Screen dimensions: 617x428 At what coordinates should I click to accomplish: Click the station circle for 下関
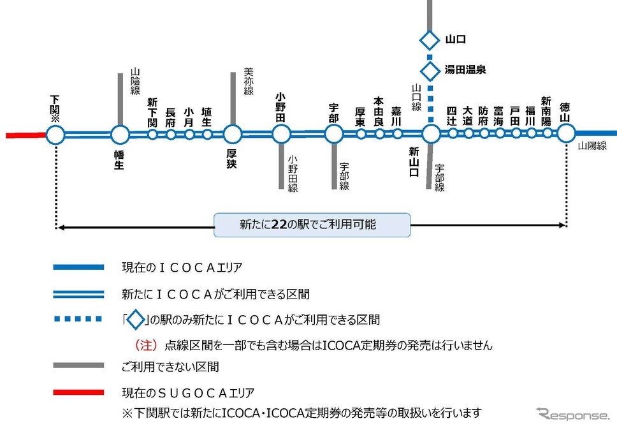[55, 135]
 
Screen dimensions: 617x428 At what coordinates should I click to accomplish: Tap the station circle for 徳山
[566, 133]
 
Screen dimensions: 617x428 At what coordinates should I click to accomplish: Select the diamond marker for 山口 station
[430, 40]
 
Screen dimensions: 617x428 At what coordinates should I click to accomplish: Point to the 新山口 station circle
[431, 134]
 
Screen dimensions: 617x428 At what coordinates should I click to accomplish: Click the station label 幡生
[119, 159]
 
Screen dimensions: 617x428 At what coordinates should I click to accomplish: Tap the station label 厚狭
[231, 159]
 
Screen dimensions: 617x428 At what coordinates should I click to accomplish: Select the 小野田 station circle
[281, 134]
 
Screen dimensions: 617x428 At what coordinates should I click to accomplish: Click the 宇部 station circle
[334, 134]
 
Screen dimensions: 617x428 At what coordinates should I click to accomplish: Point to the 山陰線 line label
[135, 82]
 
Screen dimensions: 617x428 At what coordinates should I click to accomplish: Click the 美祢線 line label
[249, 81]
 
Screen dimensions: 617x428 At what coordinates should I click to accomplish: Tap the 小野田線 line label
[293, 173]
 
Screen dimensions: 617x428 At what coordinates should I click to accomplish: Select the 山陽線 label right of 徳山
[592, 146]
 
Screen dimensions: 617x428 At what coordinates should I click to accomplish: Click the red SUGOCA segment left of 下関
[26, 135]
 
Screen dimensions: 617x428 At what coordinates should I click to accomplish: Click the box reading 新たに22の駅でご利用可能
[312, 225]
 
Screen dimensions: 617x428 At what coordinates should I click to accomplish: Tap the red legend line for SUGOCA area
[78, 392]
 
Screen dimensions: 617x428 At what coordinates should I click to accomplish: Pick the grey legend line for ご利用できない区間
[78, 365]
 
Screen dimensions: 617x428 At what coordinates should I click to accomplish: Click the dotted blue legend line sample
[78, 319]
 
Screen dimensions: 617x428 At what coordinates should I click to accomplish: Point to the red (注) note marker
[146, 345]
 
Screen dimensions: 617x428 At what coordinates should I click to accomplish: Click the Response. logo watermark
[573, 415]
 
